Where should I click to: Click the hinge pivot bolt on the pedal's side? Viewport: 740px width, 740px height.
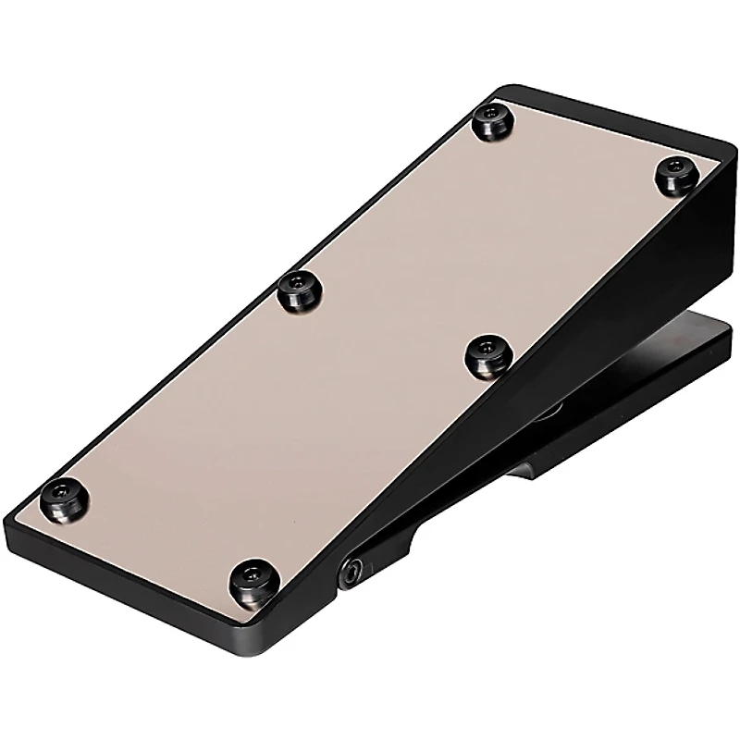[353, 573]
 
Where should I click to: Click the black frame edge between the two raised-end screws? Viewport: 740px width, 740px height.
[601, 120]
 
